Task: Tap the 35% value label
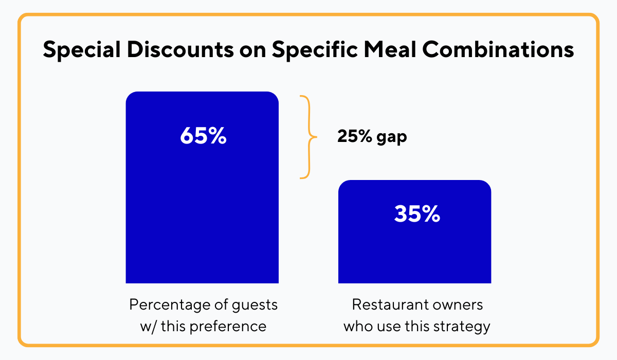417,214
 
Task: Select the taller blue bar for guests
202,216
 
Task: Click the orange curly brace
307,137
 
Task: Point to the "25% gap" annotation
372,137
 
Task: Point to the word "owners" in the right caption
458,304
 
